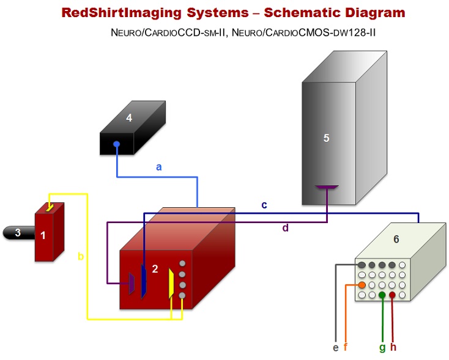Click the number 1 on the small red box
click(43, 235)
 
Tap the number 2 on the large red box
click(155, 269)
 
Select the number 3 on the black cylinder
click(18, 232)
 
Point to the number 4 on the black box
click(129, 118)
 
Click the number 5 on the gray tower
click(326, 138)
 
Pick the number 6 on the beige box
click(396, 239)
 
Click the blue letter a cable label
click(159, 166)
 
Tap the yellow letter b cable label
click(81, 256)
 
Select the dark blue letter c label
click(264, 205)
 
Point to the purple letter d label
click(285, 228)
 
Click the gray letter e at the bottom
click(335, 347)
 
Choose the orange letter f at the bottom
click(346, 347)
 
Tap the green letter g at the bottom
click(382, 347)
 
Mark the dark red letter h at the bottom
click(393, 347)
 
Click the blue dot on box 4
click(116, 145)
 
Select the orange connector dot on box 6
click(362, 285)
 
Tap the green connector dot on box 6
click(382, 295)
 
